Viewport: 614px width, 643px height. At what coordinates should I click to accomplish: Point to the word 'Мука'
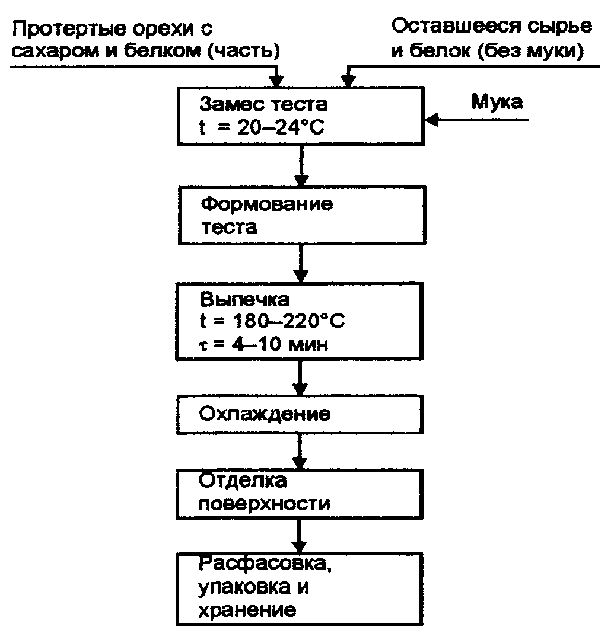pos(497,102)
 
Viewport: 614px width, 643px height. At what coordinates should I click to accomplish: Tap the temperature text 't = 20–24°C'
pos(262,127)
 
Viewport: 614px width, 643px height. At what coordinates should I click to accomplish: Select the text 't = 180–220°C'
pos(272,322)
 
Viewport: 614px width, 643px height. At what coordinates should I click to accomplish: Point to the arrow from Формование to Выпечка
pos(301,264)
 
